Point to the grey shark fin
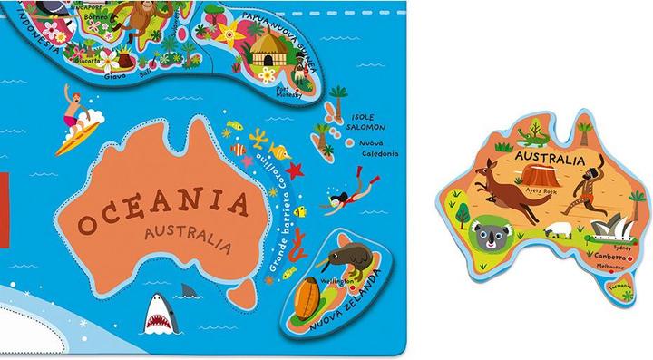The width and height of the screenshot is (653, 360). [x=188, y=291]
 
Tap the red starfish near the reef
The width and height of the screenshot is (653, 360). [x=293, y=169]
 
